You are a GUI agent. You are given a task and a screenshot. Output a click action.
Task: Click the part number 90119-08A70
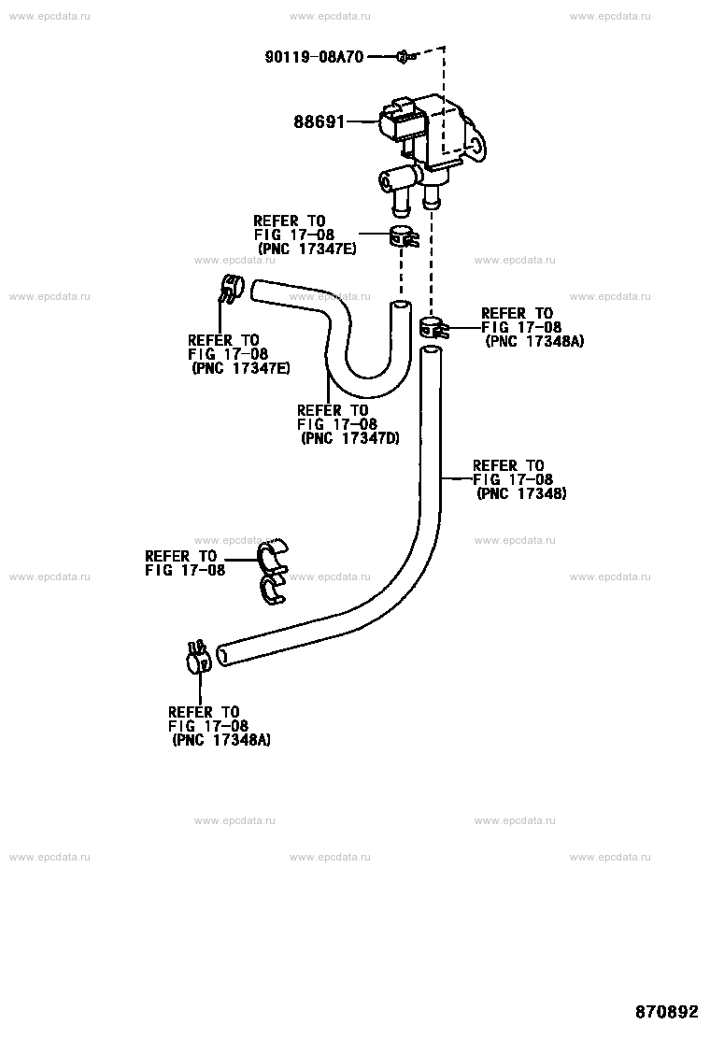pyautogui.click(x=314, y=57)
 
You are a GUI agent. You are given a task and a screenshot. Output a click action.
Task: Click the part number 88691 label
pyautogui.click(x=319, y=121)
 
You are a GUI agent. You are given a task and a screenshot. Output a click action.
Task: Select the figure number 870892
pyautogui.click(x=667, y=1012)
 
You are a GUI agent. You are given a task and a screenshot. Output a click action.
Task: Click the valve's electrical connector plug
pyautogui.click(x=397, y=121)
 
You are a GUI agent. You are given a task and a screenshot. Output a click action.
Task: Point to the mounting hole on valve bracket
pyautogui.click(x=476, y=145)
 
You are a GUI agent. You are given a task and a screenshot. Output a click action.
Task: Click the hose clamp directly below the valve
pyautogui.click(x=403, y=237)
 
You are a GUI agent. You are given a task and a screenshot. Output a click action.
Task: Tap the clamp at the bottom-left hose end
pyautogui.click(x=198, y=657)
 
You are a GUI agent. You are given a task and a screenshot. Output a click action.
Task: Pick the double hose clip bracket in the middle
pyautogui.click(x=272, y=572)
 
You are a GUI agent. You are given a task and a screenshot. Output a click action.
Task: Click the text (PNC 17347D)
pyautogui.click(x=350, y=438)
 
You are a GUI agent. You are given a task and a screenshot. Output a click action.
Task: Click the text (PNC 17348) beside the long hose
pyautogui.click(x=522, y=493)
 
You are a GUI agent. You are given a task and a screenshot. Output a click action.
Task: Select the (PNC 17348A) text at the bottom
pyautogui.click(x=221, y=740)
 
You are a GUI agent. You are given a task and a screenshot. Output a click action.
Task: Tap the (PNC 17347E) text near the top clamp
pyautogui.click(x=306, y=249)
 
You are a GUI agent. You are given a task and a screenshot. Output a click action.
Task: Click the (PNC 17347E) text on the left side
pyautogui.click(x=241, y=368)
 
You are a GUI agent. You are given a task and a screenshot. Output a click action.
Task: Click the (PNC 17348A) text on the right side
pyautogui.click(x=535, y=342)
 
